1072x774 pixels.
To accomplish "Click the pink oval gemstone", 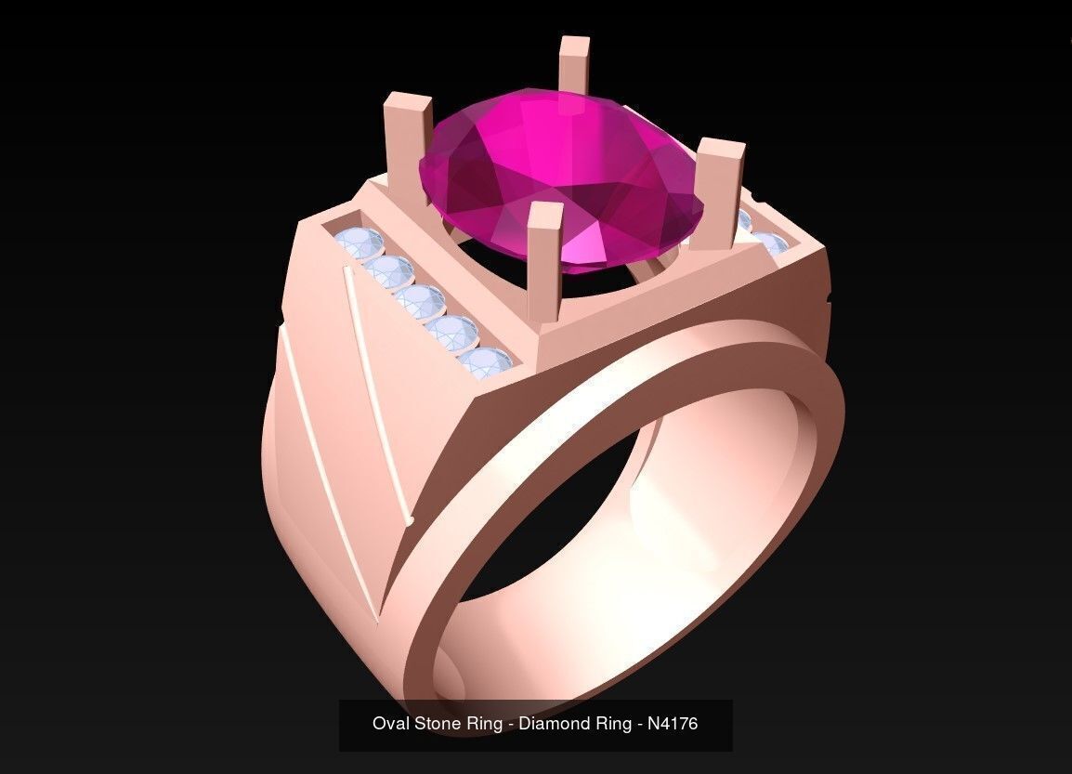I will coord(557,177).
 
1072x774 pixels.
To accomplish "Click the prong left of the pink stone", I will coord(408,130).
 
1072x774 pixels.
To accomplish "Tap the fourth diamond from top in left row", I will coord(452,331).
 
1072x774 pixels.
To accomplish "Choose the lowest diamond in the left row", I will coord(485,362).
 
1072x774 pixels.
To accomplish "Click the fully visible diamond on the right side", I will coord(771,243).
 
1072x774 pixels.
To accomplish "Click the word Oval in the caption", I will coord(390,723).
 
